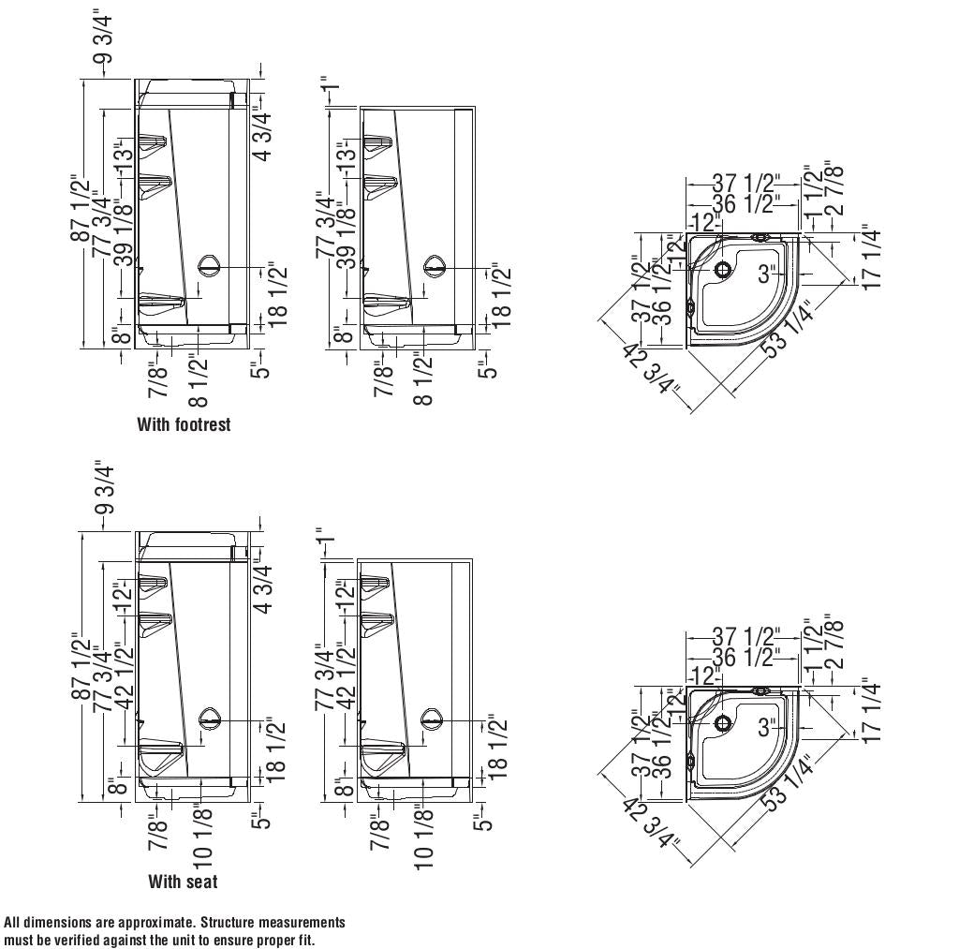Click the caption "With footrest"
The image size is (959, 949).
pyautogui.click(x=184, y=424)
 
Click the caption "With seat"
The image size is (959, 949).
pyautogui.click(x=183, y=882)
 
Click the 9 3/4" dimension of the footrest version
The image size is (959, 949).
pyautogui.click(x=104, y=37)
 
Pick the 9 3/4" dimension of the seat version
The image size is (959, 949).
pyautogui.click(x=104, y=488)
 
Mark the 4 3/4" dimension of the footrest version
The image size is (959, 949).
pyautogui.click(x=265, y=137)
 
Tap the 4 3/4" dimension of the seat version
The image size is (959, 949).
pyautogui.click(x=265, y=588)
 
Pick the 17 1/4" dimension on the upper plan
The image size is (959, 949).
pyautogui.click(x=872, y=258)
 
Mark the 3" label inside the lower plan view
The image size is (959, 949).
pyautogui.click(x=769, y=727)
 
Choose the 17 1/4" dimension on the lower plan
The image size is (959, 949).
pyautogui.click(x=872, y=711)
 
